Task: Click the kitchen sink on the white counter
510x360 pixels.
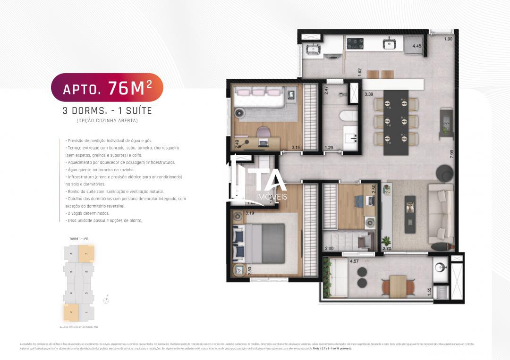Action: [x=390, y=43]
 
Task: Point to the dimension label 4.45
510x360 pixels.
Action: [x=416, y=46]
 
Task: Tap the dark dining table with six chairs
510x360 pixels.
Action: [x=396, y=122]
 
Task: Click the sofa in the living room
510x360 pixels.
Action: [x=441, y=213]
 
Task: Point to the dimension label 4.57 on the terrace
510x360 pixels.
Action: [x=354, y=261]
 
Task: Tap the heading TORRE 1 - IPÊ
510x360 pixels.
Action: [x=78, y=239]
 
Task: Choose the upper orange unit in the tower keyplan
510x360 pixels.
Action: [x=86, y=253]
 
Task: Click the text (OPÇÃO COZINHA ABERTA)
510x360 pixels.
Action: [x=107, y=121]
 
